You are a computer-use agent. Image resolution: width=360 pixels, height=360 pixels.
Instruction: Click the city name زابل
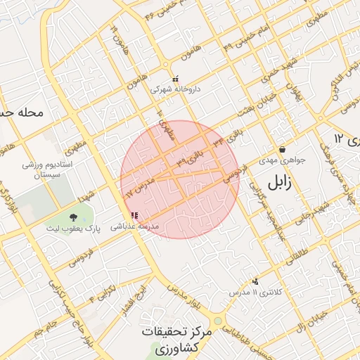coord(282,185)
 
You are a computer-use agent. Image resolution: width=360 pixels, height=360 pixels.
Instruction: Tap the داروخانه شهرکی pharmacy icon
coord(176,79)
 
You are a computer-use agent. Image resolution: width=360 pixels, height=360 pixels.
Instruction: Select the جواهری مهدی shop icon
coord(282,149)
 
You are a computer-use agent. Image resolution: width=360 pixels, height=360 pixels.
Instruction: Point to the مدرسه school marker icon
coord(134,216)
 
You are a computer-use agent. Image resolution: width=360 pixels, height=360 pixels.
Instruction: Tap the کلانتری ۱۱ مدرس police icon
coord(255,281)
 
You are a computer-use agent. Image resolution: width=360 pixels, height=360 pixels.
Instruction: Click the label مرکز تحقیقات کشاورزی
coord(176,340)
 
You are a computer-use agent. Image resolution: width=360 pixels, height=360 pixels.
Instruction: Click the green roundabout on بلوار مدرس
coord(218,321)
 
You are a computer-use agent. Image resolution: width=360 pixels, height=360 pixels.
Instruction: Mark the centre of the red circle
coord(180,180)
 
